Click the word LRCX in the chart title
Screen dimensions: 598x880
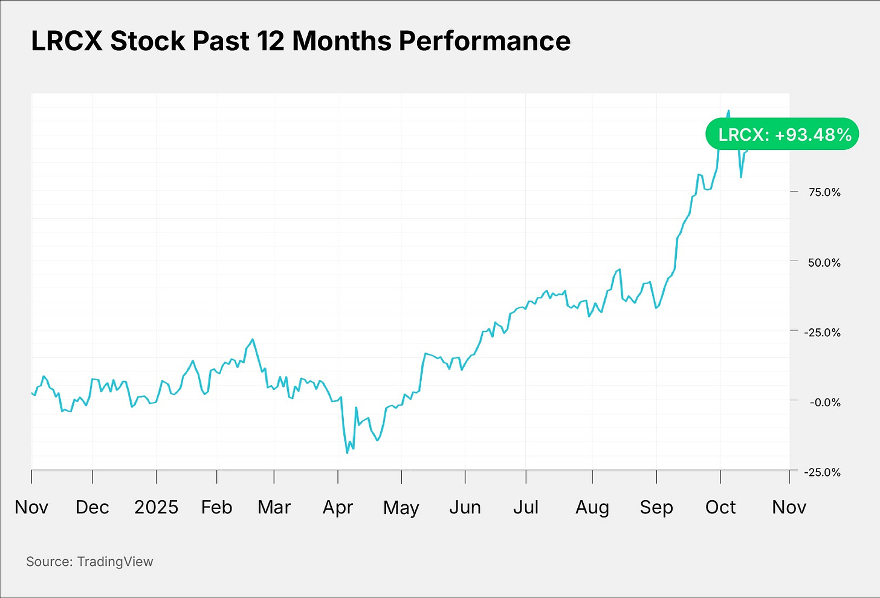point(66,42)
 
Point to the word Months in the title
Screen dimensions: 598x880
point(341,42)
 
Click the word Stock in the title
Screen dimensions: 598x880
point(147,42)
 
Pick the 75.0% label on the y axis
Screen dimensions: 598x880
point(824,192)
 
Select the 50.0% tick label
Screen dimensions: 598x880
point(824,262)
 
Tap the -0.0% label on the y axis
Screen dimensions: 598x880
point(824,402)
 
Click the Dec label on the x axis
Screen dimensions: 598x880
point(92,507)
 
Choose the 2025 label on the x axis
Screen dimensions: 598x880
point(156,507)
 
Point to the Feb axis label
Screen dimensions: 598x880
point(216,507)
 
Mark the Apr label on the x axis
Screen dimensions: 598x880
point(338,507)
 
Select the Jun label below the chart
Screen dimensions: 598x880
point(465,507)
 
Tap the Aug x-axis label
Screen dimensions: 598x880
point(592,507)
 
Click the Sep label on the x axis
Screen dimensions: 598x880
point(656,507)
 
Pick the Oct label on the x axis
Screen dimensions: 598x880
point(720,507)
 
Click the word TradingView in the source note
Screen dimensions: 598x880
point(115,562)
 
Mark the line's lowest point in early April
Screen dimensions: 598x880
point(347,452)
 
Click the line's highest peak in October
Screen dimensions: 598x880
point(728,111)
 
